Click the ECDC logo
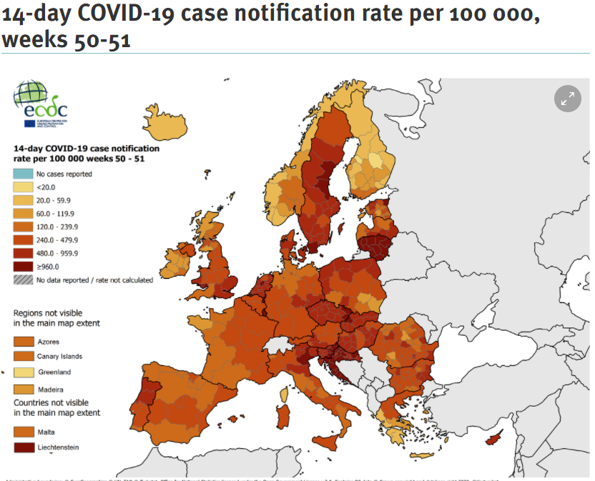point(41,104)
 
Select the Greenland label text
point(54,372)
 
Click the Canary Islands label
point(59,357)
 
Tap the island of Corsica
point(285,392)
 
